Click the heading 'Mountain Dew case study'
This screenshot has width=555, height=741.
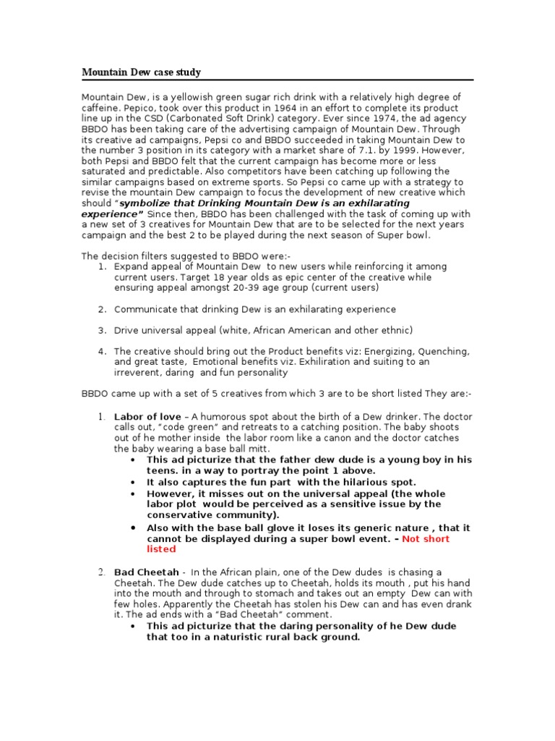[x=141, y=72]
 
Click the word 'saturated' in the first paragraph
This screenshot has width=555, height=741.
[x=103, y=172]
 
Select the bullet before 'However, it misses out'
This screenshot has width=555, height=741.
[x=131, y=494]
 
